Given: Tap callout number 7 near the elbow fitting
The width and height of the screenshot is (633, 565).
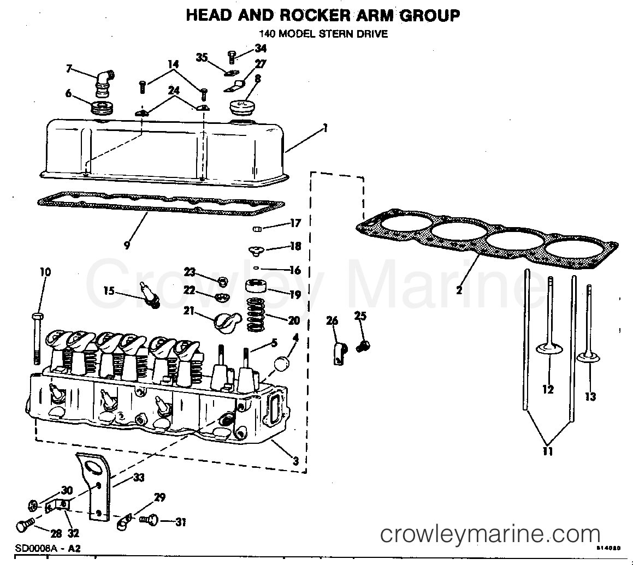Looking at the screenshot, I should [x=69, y=68].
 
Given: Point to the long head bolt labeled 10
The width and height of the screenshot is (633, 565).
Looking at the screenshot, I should [x=37, y=338].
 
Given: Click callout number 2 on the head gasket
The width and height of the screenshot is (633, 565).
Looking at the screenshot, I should [x=459, y=290].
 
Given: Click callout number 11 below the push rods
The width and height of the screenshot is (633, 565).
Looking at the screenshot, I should [x=548, y=451].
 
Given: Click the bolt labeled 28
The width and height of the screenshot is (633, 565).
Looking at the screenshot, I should [x=25, y=525].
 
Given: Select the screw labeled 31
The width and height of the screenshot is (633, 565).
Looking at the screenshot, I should [x=149, y=521].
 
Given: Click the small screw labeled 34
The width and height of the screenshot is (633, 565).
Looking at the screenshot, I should [x=232, y=56].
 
